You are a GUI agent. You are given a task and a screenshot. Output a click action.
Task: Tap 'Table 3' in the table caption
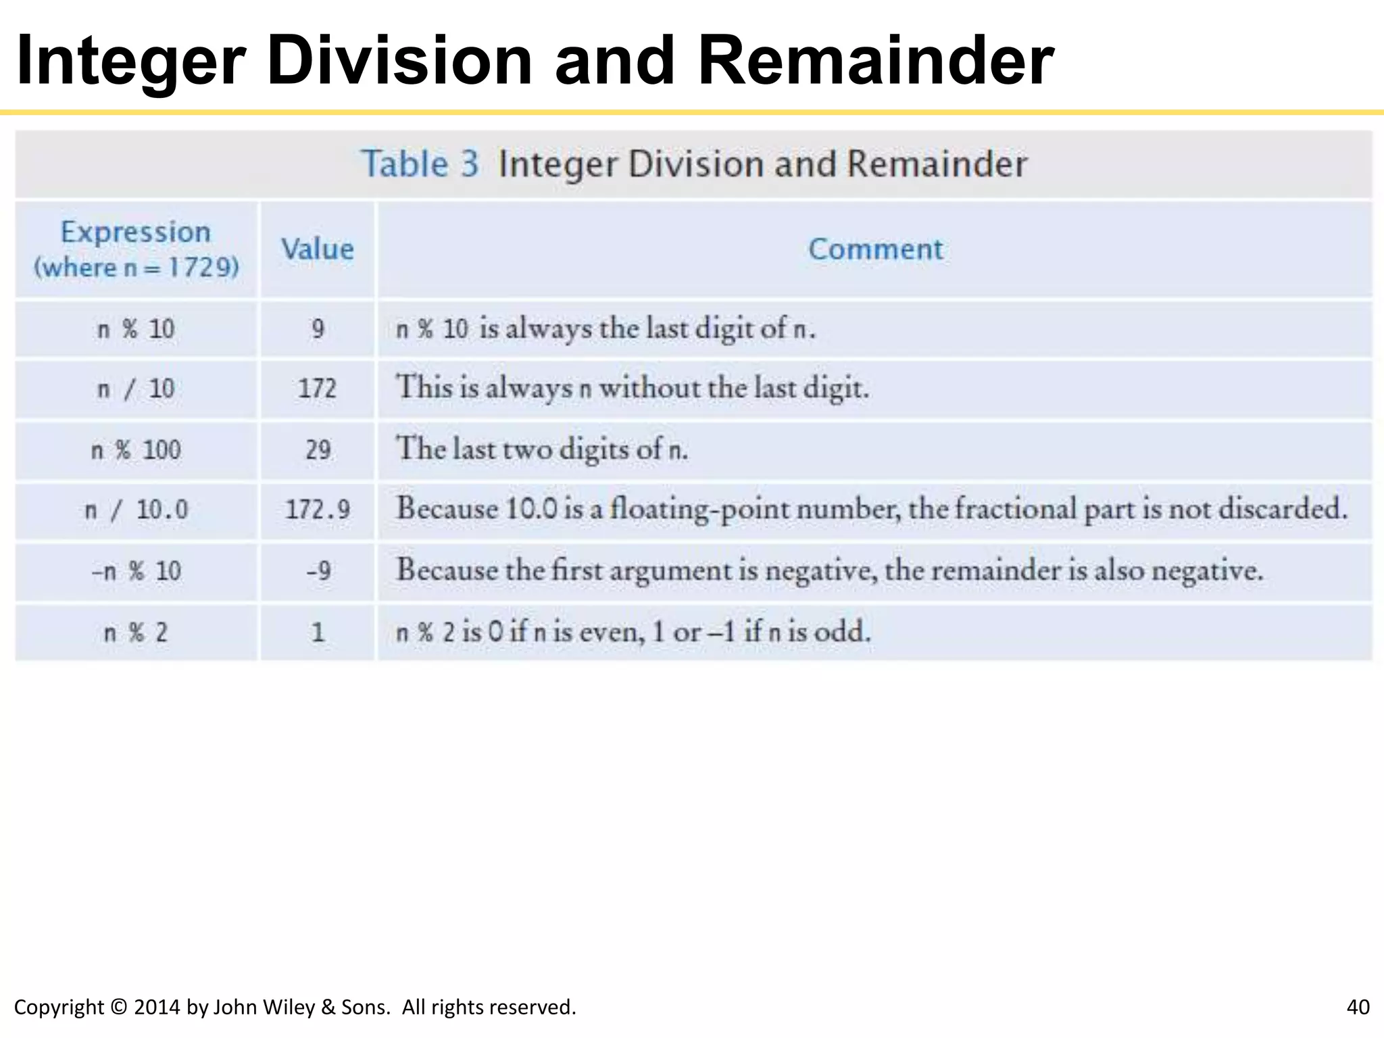[420, 164]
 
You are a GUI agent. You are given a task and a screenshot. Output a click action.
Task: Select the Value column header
[317, 249]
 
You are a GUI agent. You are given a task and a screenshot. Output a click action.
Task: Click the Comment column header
[875, 249]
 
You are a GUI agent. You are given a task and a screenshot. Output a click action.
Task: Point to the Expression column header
[136, 232]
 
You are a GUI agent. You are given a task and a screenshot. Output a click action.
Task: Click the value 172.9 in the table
[317, 510]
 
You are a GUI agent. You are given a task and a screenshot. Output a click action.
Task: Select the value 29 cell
[318, 449]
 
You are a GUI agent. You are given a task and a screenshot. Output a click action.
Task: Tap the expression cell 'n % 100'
[136, 449]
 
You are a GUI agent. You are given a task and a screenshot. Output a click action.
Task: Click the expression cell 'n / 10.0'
[136, 510]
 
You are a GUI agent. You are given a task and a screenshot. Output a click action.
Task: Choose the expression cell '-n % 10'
[136, 571]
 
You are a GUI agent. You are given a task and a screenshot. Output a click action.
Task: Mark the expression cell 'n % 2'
[136, 633]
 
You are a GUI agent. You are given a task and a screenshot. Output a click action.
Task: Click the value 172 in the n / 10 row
[317, 389]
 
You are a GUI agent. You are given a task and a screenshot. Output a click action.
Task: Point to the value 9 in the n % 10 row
[318, 329]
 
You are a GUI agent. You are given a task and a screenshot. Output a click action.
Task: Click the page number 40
[1358, 1007]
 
